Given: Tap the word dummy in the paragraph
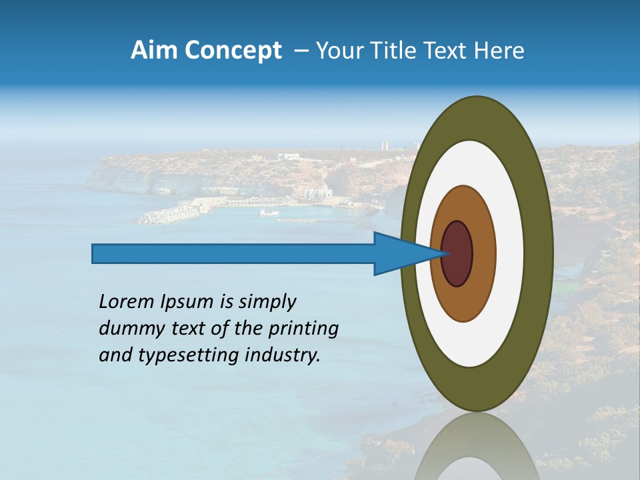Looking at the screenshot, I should coord(126,329).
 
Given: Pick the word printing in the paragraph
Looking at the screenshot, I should coord(303,329).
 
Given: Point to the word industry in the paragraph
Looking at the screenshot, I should coord(283,355).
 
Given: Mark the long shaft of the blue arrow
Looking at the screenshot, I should coord(233,254).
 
